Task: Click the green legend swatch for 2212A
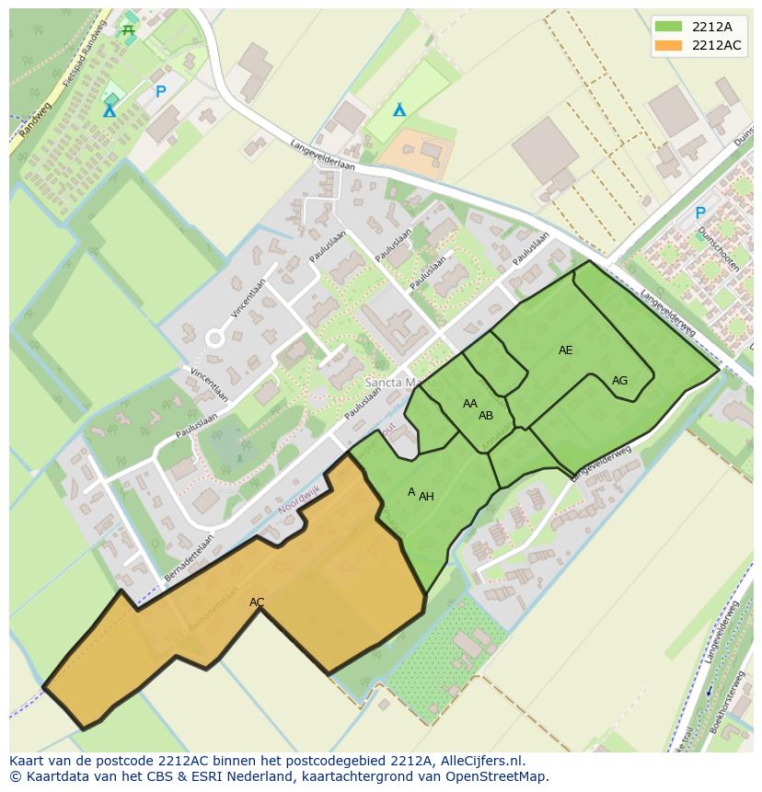(x=669, y=26)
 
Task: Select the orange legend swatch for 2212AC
(x=669, y=45)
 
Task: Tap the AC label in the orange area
(x=257, y=603)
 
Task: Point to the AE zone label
(x=565, y=350)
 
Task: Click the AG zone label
(x=619, y=381)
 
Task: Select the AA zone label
(x=470, y=404)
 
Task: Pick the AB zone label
(x=486, y=416)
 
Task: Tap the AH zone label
(x=426, y=497)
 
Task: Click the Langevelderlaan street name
(x=322, y=155)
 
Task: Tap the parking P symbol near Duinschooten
(x=700, y=213)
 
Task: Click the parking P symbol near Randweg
(x=161, y=92)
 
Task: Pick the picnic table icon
(x=128, y=31)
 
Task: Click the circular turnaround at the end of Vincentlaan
(x=214, y=339)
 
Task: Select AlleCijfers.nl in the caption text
(x=479, y=761)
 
